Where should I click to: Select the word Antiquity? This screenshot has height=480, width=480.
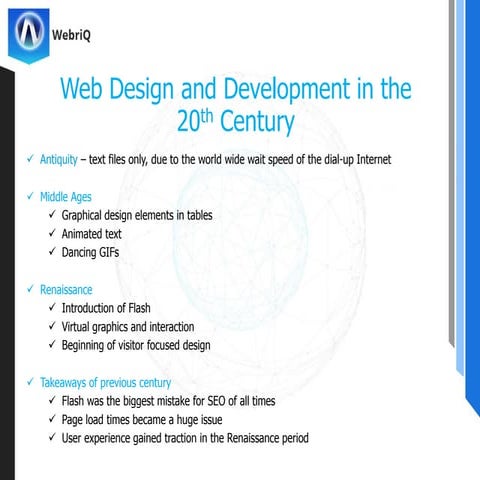point(59,160)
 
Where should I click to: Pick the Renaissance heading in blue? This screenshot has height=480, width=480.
point(66,290)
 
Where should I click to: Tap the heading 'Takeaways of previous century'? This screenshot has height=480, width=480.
point(105,383)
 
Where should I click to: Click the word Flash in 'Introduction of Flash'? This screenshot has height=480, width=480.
point(136,308)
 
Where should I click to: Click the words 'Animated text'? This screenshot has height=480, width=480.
point(92,234)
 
